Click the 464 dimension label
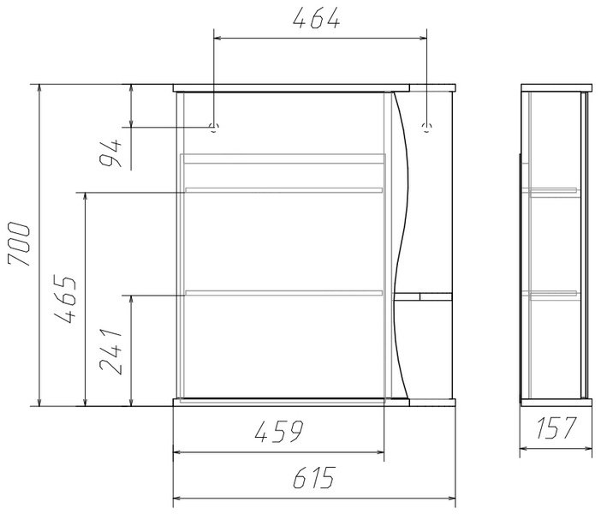(316, 18)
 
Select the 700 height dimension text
(19, 244)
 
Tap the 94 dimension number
(110, 153)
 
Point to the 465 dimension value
(65, 298)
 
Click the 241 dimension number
(110, 350)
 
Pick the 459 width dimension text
(278, 431)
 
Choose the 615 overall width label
(314, 477)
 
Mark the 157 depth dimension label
(556, 427)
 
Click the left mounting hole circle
(213, 127)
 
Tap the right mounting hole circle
(426, 127)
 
